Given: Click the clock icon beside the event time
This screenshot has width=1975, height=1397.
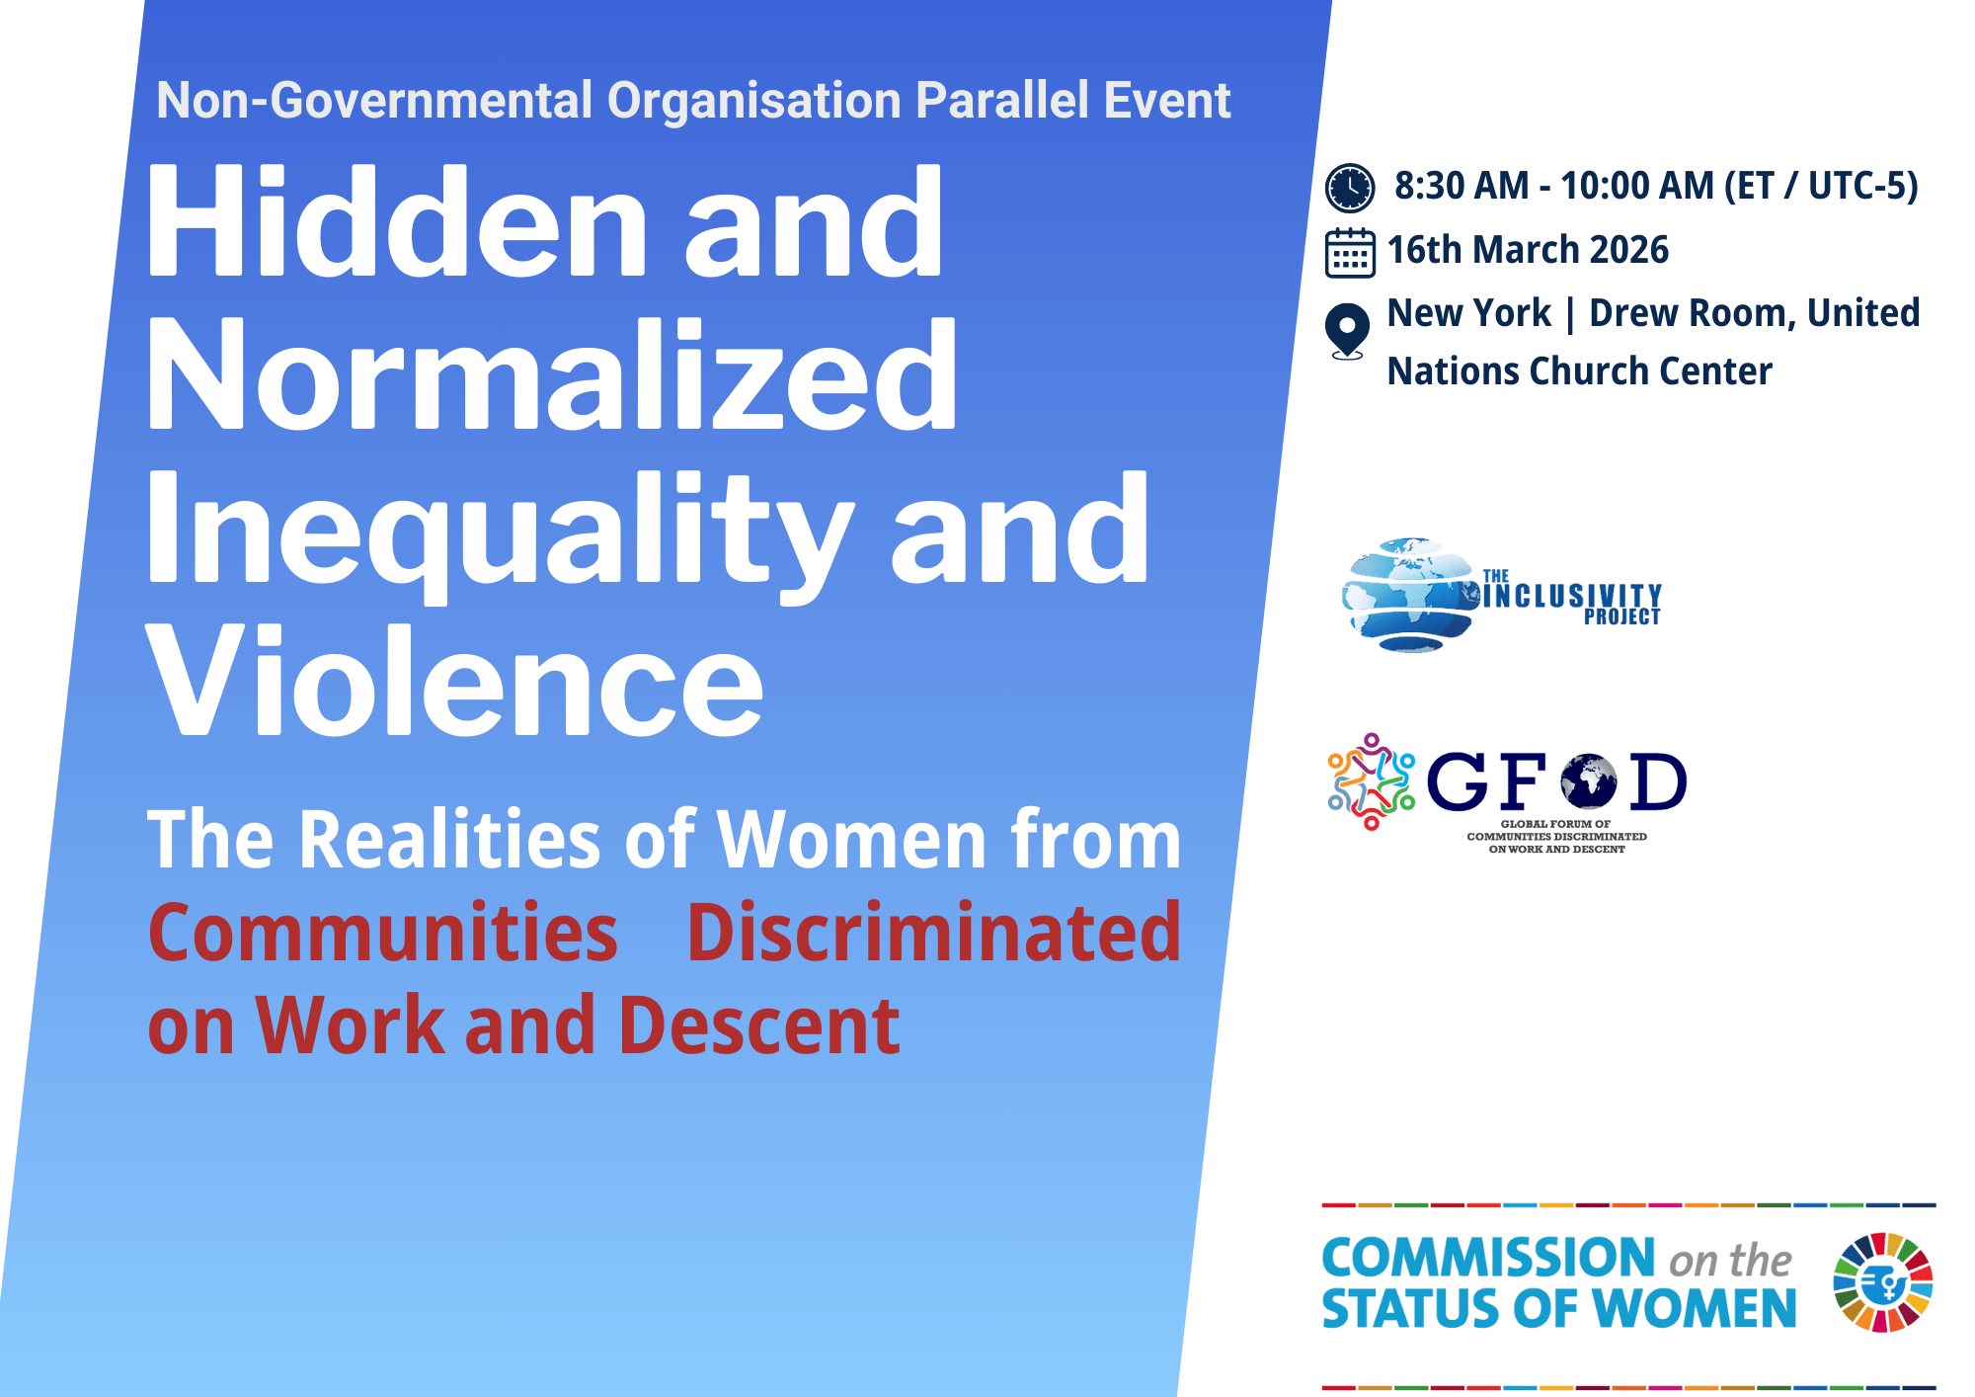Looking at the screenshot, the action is (x=1349, y=188).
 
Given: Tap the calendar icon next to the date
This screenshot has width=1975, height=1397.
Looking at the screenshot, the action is (x=1350, y=253).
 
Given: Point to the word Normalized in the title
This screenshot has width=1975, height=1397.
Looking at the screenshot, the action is (x=552, y=375).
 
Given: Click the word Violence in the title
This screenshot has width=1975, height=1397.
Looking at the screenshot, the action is (x=455, y=682).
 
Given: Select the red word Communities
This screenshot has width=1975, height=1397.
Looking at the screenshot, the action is (x=383, y=933).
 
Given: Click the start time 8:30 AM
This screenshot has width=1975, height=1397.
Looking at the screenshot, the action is (x=1461, y=186).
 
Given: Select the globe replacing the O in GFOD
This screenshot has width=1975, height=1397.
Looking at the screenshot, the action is (x=1589, y=781).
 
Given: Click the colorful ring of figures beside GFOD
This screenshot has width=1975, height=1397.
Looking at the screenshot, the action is (x=1371, y=781).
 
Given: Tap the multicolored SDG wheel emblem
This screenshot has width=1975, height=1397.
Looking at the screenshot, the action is (x=1883, y=1282).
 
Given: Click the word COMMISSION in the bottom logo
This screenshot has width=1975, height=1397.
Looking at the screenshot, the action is (x=1488, y=1258).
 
